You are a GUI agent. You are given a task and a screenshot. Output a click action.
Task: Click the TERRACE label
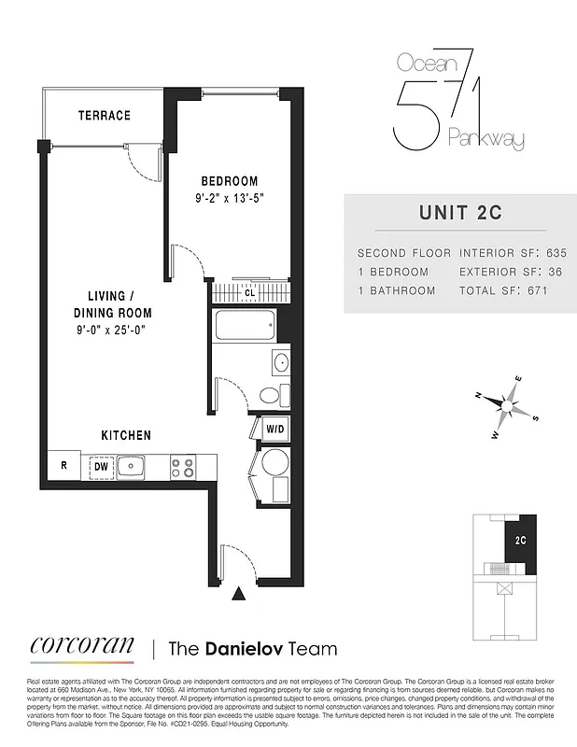tap(104, 116)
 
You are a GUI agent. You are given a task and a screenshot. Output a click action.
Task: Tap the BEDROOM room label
tap(230, 181)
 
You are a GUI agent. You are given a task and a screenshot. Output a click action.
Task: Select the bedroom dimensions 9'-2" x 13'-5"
tap(230, 198)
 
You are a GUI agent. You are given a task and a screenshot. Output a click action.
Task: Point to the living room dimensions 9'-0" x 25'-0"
tap(113, 330)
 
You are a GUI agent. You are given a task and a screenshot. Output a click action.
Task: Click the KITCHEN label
tap(126, 435)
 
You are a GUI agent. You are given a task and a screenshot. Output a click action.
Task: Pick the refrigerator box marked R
tap(63, 465)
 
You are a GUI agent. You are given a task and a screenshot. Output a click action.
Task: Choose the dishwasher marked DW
tap(100, 466)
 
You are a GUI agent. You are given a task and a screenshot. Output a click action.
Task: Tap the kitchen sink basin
tap(132, 465)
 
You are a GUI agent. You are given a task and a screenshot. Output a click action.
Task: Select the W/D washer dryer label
tap(275, 430)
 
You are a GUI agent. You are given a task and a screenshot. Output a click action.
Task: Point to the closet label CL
tap(250, 292)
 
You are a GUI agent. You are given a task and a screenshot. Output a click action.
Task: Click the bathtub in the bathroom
tap(245, 328)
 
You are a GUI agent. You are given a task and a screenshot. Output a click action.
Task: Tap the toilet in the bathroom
tap(270, 395)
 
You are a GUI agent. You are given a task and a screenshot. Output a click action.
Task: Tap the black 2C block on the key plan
tap(519, 540)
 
